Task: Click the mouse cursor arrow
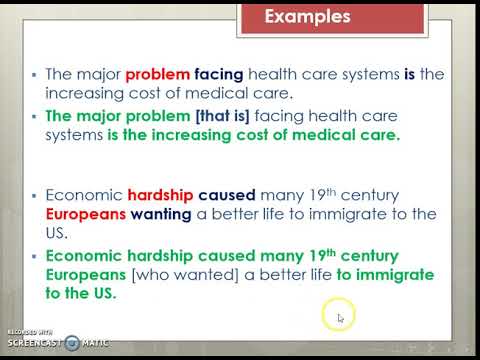tap(341, 318)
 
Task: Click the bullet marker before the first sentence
tap(35, 75)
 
